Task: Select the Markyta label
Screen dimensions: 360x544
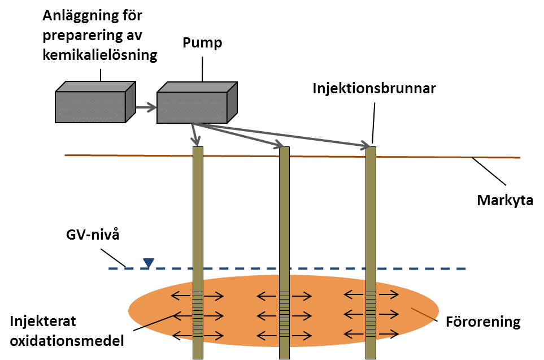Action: pyautogui.click(x=504, y=200)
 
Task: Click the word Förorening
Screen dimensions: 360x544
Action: pyautogui.click(x=482, y=322)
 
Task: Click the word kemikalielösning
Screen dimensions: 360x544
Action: pyautogui.click(x=100, y=55)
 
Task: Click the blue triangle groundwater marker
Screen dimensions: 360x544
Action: pyautogui.click(x=148, y=262)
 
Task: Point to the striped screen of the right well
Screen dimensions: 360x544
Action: pyautogui.click(x=371, y=314)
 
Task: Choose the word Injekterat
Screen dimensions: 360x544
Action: pyautogui.click(x=42, y=322)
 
